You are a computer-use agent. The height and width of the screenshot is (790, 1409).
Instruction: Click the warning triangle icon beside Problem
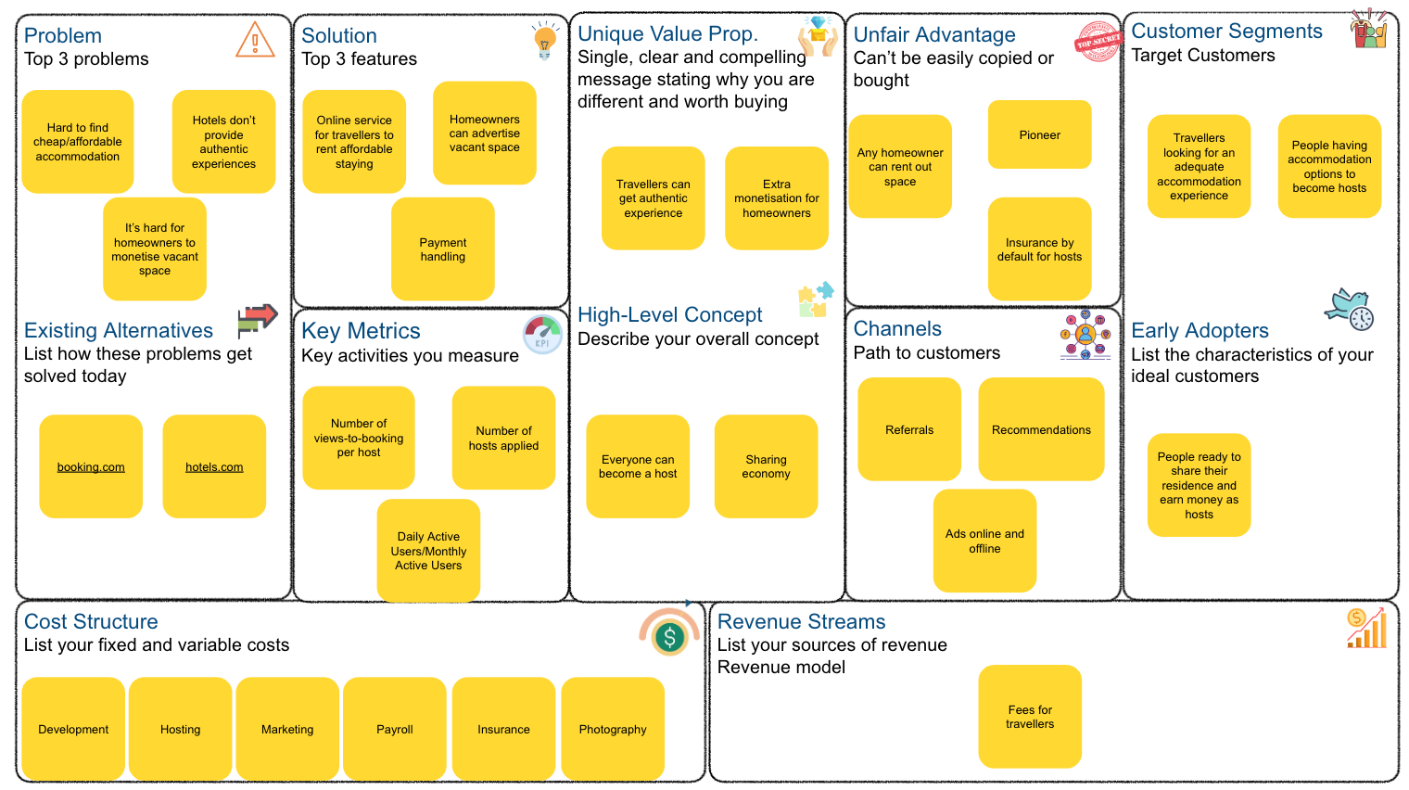255,40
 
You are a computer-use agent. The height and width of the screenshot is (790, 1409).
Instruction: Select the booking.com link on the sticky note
91,467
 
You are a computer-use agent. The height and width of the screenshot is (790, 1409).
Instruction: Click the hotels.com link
214,467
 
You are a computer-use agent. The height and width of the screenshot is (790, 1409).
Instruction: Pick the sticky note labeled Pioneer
1039,135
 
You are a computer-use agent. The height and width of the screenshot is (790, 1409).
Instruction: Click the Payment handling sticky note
443,249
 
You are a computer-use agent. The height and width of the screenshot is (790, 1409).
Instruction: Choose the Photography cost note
613,730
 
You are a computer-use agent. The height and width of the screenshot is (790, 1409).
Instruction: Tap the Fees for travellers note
1030,717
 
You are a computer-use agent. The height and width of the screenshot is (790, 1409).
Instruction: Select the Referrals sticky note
909,430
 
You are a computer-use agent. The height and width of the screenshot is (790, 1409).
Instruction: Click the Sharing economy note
766,466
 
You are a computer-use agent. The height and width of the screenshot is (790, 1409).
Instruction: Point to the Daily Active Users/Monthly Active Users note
428,551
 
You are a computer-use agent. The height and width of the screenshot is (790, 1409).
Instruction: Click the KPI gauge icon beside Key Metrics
542,335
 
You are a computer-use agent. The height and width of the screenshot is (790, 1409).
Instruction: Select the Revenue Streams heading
801,622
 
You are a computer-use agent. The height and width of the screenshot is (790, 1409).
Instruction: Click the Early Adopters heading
1200,331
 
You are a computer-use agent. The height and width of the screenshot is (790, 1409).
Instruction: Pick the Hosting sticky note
180,730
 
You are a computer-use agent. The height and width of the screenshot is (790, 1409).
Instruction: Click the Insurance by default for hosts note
1039,249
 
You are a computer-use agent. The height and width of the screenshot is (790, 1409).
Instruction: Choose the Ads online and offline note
984,541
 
